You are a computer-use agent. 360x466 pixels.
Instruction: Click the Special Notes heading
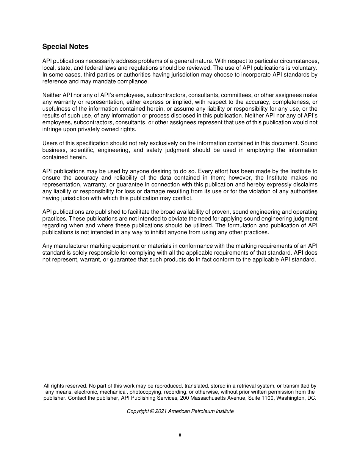65,47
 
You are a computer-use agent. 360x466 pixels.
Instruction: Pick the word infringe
51,129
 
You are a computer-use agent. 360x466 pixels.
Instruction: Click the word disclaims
304,185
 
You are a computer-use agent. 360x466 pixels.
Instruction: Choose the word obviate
193,219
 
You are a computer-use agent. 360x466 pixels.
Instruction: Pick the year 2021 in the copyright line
161,411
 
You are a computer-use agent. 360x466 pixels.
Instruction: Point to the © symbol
152,411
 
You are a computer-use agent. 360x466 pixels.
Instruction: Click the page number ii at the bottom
180,435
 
